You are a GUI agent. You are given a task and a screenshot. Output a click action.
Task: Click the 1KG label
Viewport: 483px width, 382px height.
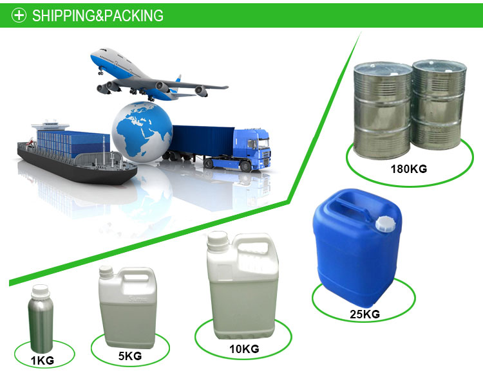(43, 360)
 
